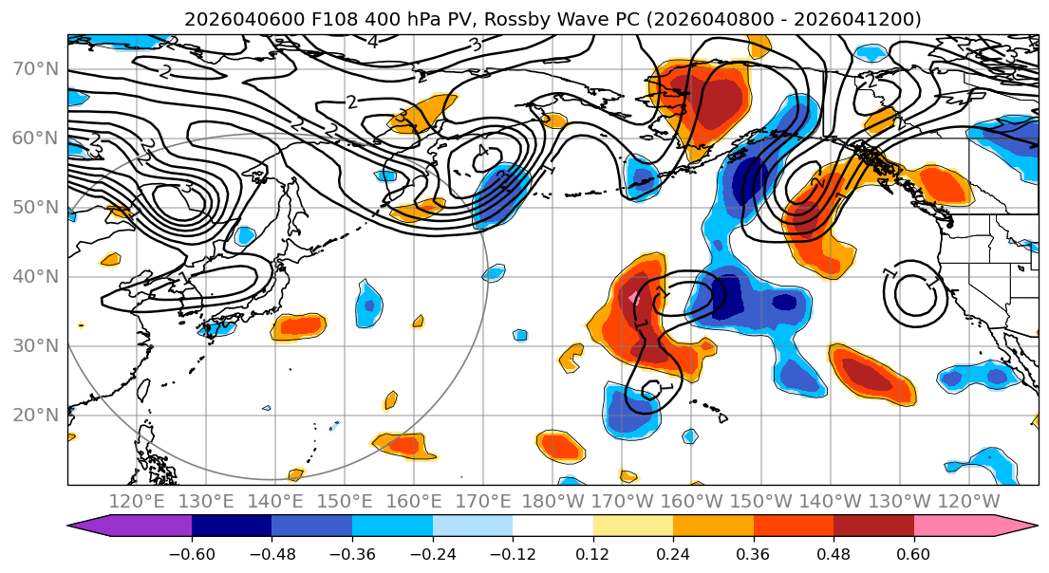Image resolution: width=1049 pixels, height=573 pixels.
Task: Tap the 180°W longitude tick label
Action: click(553, 501)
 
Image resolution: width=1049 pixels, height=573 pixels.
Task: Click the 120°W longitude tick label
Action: click(969, 501)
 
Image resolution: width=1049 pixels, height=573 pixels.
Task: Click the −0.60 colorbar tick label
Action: click(192, 553)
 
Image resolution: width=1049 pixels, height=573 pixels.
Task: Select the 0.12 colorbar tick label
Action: click(593, 553)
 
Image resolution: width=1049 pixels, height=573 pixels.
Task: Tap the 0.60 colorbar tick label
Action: click(914, 553)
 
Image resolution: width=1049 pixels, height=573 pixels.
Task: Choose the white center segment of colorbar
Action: click(553, 527)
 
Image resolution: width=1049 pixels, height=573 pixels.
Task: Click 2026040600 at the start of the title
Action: click(229, 19)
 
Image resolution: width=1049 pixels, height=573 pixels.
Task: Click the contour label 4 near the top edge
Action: click(373, 42)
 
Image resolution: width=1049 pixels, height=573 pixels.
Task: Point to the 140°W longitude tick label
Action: click(831, 501)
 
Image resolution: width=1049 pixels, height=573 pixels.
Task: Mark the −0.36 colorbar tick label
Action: click(352, 553)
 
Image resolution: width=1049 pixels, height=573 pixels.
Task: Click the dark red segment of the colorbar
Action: click(873, 527)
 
